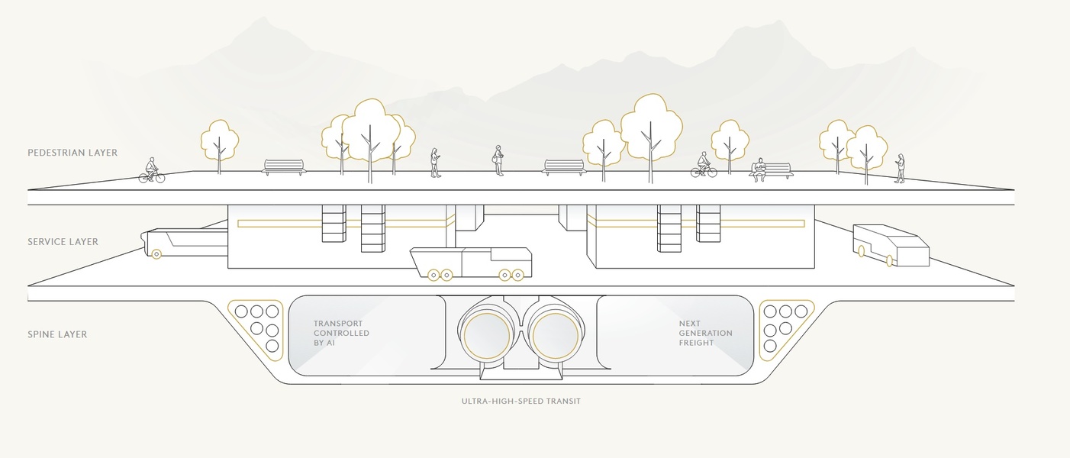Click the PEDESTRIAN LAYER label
pyautogui.click(x=73, y=153)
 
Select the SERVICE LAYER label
pyautogui.click(x=63, y=242)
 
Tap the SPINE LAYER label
pyautogui.click(x=57, y=334)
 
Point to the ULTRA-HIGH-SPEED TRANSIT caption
pyautogui.click(x=520, y=401)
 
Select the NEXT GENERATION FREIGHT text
pyautogui.click(x=705, y=334)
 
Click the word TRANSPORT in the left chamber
pyautogui.click(x=337, y=324)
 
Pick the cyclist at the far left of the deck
pyautogui.click(x=151, y=172)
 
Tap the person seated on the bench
pyautogui.click(x=759, y=170)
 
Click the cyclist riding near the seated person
pyautogui.click(x=704, y=166)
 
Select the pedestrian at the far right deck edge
pyautogui.click(x=901, y=169)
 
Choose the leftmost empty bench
pyautogui.click(x=283, y=167)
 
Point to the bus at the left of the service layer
pyautogui.click(x=186, y=242)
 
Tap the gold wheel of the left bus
pyautogui.click(x=156, y=253)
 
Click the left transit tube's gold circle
pyautogui.click(x=487, y=337)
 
